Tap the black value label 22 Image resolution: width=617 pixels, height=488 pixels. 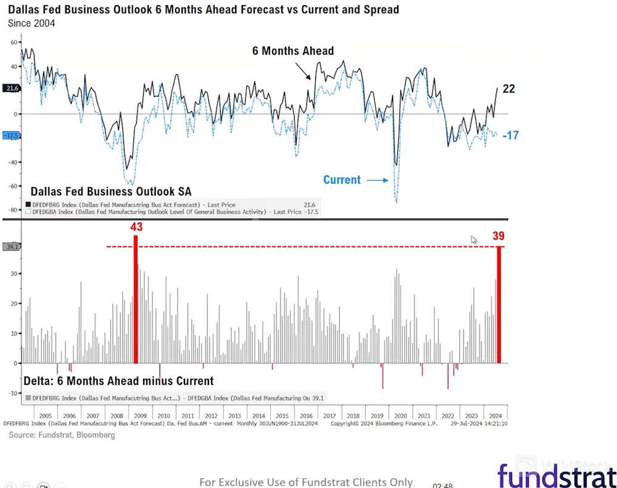point(508,89)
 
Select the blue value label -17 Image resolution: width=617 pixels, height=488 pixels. point(510,136)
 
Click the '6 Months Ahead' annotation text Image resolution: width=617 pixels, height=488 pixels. point(292,51)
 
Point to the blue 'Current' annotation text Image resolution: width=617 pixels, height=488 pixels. point(342,180)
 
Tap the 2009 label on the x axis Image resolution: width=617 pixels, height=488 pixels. point(141,416)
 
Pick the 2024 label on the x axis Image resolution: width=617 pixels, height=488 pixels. point(494,416)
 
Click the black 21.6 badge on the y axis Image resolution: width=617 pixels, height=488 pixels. point(12,89)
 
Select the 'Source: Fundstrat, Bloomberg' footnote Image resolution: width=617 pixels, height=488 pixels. point(62,435)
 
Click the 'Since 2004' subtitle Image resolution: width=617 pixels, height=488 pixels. point(31,23)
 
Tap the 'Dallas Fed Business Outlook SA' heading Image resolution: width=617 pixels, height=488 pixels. point(111,192)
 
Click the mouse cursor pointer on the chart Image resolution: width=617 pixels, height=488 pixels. point(474,240)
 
